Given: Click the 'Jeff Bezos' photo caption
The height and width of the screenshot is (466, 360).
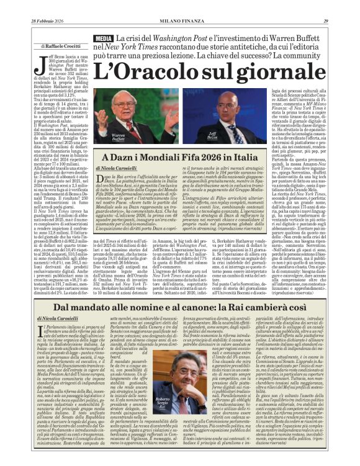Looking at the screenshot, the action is (x=213, y=135).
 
